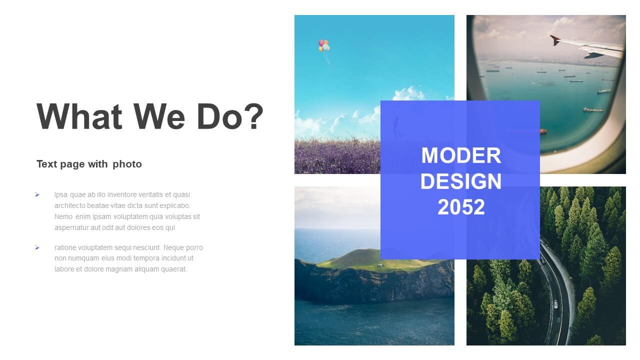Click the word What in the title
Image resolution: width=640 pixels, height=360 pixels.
(x=79, y=116)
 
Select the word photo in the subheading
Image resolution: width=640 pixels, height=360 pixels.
(x=127, y=164)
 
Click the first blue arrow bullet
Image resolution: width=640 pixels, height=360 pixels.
(x=37, y=195)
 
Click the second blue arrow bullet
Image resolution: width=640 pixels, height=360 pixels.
(x=37, y=247)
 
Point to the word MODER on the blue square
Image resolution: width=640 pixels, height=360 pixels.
(x=461, y=155)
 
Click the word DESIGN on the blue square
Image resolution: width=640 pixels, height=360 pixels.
(x=461, y=181)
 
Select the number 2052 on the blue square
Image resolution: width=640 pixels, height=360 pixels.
(x=461, y=207)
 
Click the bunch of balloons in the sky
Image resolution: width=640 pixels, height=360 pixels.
(x=324, y=45)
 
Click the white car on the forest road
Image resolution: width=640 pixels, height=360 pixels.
(x=555, y=304)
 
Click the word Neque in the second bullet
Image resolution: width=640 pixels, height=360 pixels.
(x=172, y=247)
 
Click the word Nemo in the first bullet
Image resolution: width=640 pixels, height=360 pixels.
(x=63, y=216)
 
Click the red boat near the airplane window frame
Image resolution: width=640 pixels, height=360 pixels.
(x=543, y=131)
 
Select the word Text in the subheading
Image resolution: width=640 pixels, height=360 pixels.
(x=47, y=164)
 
